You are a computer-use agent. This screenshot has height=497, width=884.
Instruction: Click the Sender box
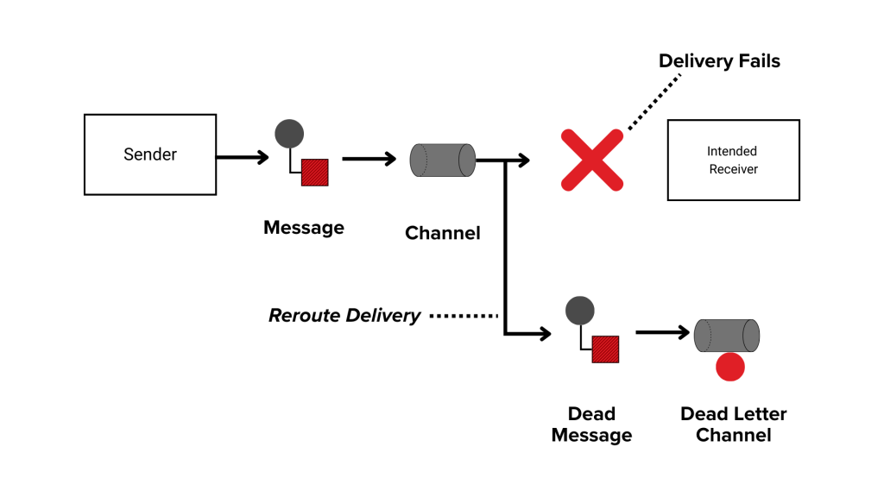coord(149,154)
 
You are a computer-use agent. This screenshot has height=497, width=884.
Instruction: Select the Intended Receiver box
coord(733,160)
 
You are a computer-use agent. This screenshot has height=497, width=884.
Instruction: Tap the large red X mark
coord(592,160)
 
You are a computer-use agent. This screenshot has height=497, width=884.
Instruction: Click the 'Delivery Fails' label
coord(719,61)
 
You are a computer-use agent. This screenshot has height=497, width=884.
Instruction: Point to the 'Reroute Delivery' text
coord(344,316)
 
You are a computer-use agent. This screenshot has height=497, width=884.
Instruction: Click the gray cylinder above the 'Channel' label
coord(442,160)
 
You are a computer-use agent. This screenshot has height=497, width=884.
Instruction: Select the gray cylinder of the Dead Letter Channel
coord(726,336)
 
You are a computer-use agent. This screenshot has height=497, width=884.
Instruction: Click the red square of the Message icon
coord(314,173)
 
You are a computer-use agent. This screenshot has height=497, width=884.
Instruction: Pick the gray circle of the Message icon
coord(289,134)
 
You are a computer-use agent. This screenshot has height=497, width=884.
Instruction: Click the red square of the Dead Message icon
coord(605,349)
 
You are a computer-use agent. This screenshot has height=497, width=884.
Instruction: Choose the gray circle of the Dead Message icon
coord(579,311)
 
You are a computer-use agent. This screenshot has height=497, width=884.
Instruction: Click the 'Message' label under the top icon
coord(304,228)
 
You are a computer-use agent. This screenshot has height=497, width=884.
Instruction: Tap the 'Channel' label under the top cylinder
coord(442,233)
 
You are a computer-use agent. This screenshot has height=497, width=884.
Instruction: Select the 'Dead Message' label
coord(591,425)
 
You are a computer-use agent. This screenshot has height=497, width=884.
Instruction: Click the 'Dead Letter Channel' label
coord(733,425)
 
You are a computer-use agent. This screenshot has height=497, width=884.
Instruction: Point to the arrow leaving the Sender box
coord(242,157)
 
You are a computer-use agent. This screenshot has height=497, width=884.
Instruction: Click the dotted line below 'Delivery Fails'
coord(654,102)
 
